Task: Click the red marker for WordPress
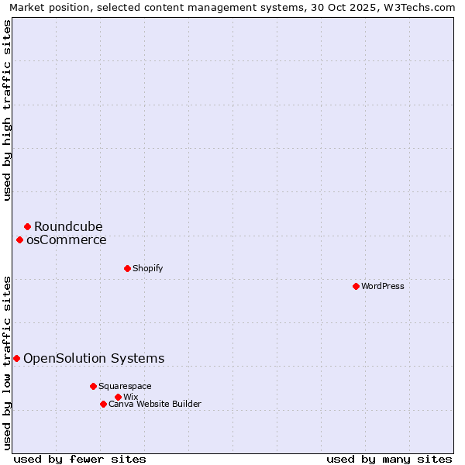click(356, 286)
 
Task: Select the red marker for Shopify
click(127, 268)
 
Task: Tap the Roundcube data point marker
click(27, 226)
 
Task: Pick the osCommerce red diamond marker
click(19, 239)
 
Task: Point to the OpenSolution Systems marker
click(16, 358)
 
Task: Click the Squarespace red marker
click(93, 386)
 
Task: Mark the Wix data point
click(118, 397)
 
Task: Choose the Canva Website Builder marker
click(103, 404)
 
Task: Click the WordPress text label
click(383, 286)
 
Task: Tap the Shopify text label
click(148, 268)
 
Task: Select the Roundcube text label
click(68, 226)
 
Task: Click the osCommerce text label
click(67, 239)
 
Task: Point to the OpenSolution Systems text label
click(94, 358)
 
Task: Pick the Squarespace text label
click(126, 386)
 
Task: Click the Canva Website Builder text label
click(155, 404)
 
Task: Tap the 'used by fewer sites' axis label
click(80, 459)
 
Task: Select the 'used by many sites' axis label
click(389, 459)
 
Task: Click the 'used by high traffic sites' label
click(7, 110)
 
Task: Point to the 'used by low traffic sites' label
click(7, 362)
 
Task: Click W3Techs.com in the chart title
click(422, 7)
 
